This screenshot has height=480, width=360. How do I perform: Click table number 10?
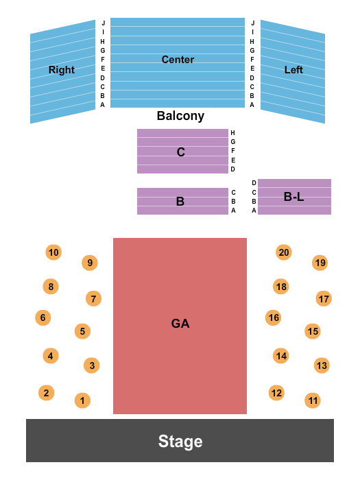[x=53, y=252]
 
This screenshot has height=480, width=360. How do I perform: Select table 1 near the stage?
[x=82, y=400]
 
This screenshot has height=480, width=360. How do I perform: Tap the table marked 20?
[x=284, y=252]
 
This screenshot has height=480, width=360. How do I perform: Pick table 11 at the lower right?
[x=313, y=400]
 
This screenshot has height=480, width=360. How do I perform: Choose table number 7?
[x=94, y=298]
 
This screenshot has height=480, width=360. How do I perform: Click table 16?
[x=274, y=317]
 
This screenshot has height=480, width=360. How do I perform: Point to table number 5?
[x=82, y=331]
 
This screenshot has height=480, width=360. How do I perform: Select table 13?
[x=322, y=365]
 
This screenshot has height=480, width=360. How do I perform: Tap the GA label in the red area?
[x=180, y=324]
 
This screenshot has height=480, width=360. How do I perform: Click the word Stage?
[x=180, y=441]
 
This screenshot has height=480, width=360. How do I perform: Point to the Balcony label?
[x=180, y=116]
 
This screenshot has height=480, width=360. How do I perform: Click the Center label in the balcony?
[x=178, y=60]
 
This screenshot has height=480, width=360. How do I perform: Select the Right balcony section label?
[x=61, y=70]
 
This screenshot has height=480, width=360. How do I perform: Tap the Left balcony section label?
[x=293, y=70]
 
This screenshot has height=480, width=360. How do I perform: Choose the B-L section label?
[x=293, y=197]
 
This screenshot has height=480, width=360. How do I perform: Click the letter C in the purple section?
[x=181, y=152]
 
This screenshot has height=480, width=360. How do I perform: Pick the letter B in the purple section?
[x=180, y=202]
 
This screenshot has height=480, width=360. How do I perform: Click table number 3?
[x=92, y=365]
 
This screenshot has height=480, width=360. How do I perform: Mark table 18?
[x=280, y=287]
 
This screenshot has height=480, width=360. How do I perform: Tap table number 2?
[x=46, y=393]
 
